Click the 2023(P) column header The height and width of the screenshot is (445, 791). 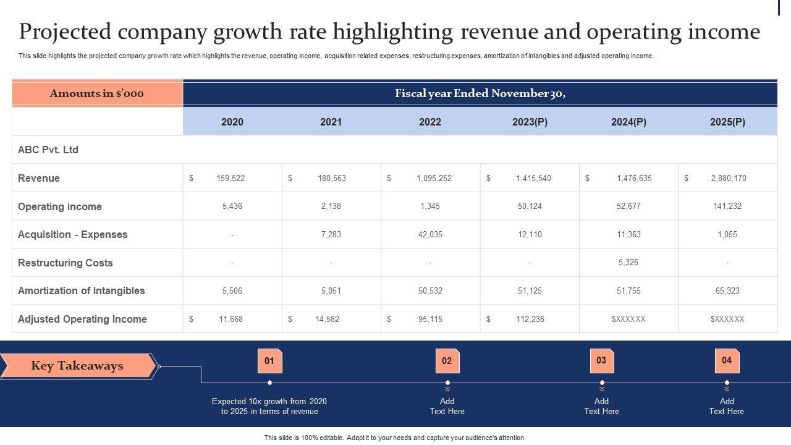coord(530,122)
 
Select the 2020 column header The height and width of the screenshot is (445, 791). coord(232,122)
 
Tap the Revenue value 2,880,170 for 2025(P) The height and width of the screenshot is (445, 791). coord(728,178)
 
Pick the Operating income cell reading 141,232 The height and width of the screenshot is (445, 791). coord(727,206)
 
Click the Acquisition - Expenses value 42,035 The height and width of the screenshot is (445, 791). coord(430,234)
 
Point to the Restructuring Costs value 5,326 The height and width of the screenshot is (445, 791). coord(628,262)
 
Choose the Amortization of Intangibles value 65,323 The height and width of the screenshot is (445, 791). coord(727,290)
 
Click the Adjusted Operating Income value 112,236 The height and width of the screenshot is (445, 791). coord(530,319)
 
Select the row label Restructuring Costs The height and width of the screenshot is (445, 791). coord(66,263)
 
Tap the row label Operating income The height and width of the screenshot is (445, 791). coord(60,206)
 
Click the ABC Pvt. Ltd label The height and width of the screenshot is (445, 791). coord(48,150)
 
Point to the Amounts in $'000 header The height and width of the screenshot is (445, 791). coord(97,93)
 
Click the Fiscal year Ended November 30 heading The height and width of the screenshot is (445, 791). coord(480,93)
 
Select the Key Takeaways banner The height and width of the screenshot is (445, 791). coord(78,366)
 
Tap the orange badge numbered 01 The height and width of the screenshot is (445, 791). coord(269,361)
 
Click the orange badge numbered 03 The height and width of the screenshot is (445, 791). coord(601,360)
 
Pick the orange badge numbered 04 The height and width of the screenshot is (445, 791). coord(727,360)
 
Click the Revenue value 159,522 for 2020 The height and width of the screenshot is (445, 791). coord(231,178)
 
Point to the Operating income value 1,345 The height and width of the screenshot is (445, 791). coord(430,206)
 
